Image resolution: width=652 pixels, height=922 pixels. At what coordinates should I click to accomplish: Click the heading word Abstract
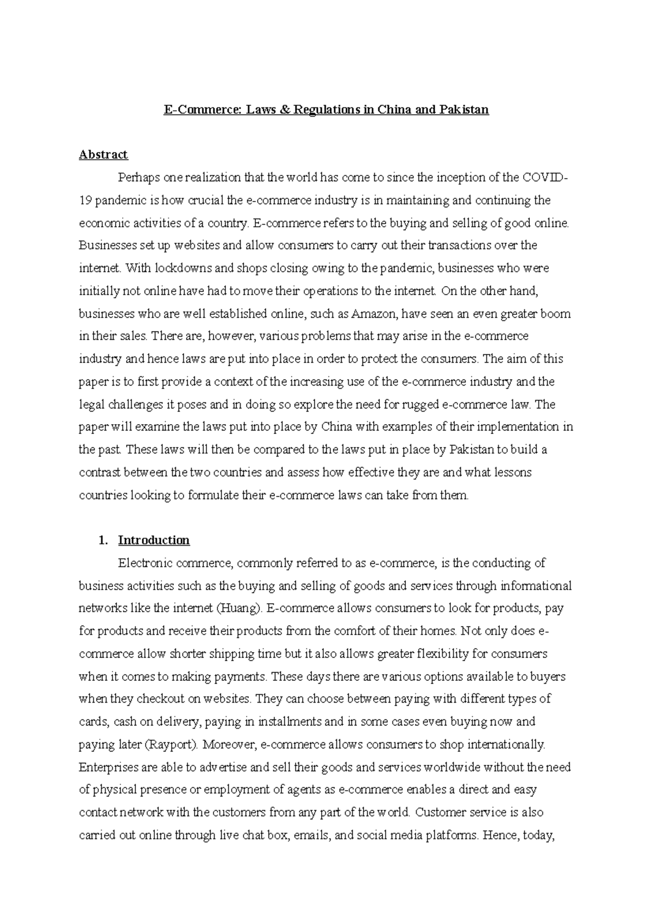click(103, 155)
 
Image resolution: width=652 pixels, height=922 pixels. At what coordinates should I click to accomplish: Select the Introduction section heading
click(154, 540)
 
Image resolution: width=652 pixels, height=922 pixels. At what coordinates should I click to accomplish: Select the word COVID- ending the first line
click(546, 178)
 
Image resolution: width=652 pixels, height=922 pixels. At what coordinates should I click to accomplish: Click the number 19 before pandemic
click(85, 200)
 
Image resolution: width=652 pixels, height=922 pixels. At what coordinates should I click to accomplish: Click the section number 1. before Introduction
click(103, 540)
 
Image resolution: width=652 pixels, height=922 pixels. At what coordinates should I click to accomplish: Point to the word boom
click(556, 314)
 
